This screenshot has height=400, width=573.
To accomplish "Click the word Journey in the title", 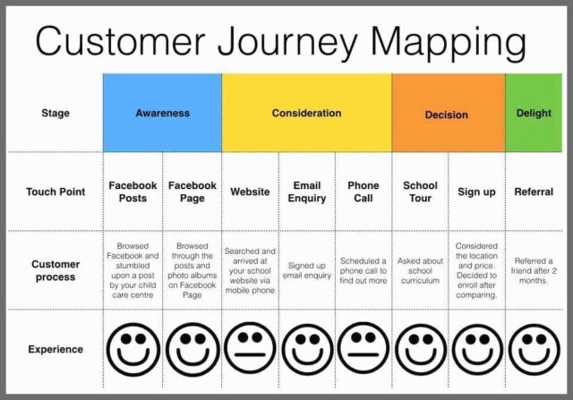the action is tap(287, 42).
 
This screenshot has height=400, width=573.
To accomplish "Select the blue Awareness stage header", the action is tap(162, 113).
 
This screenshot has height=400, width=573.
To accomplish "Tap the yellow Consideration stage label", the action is tap(306, 114).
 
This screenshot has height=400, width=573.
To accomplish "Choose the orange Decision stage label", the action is tap(446, 115).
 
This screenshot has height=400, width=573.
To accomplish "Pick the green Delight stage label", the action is tap(534, 114).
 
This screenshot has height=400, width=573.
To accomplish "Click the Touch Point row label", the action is tap(56, 191).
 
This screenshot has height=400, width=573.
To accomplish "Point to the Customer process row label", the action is tap(56, 270).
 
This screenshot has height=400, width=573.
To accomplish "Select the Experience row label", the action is tap(56, 349).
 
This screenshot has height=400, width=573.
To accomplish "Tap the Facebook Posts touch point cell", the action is tap(133, 191).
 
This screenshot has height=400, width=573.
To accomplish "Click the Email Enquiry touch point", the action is tap(307, 191).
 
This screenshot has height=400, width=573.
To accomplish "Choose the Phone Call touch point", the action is tap(363, 191).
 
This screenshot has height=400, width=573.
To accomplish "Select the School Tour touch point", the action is tap(420, 191).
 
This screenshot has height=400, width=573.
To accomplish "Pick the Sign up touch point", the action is tap(476, 191).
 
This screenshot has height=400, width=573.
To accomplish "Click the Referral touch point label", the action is tap(534, 191).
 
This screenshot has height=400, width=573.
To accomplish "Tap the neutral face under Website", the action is tap(250, 348).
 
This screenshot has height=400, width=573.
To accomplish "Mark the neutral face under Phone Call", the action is tap(363, 348).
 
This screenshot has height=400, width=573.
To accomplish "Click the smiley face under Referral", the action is tap(534, 350).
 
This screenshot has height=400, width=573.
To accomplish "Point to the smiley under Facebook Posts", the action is tap(133, 350).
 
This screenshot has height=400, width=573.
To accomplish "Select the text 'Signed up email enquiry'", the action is tap(307, 270).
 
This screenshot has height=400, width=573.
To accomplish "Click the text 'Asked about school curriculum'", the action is tap(420, 270).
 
